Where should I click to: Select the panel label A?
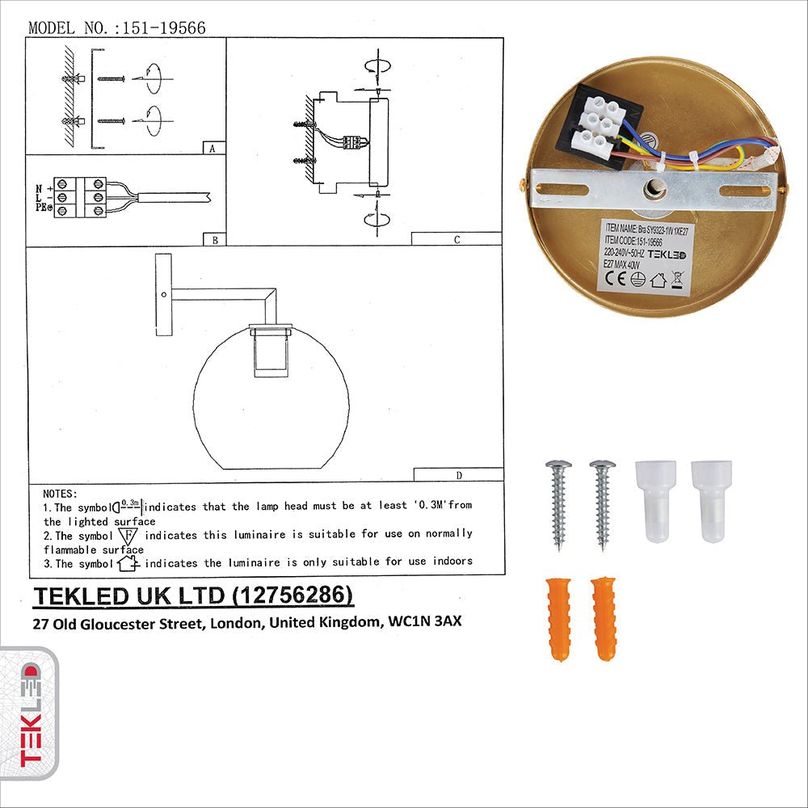pyautogui.click(x=212, y=149)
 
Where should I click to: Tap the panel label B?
pyautogui.click(x=213, y=239)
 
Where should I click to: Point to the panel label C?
pyautogui.click(x=457, y=239)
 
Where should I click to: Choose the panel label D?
pyautogui.click(x=458, y=474)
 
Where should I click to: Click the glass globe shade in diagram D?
pyautogui.click(x=271, y=412)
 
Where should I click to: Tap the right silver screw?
pyautogui.click(x=603, y=504)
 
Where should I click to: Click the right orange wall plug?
pyautogui.click(x=604, y=618)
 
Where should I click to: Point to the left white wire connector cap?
pyautogui.click(x=655, y=501)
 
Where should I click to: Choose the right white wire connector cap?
pyautogui.click(x=711, y=501)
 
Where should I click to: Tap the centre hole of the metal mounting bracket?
pyautogui.click(x=653, y=188)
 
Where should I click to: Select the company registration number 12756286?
pyautogui.click(x=292, y=595)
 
